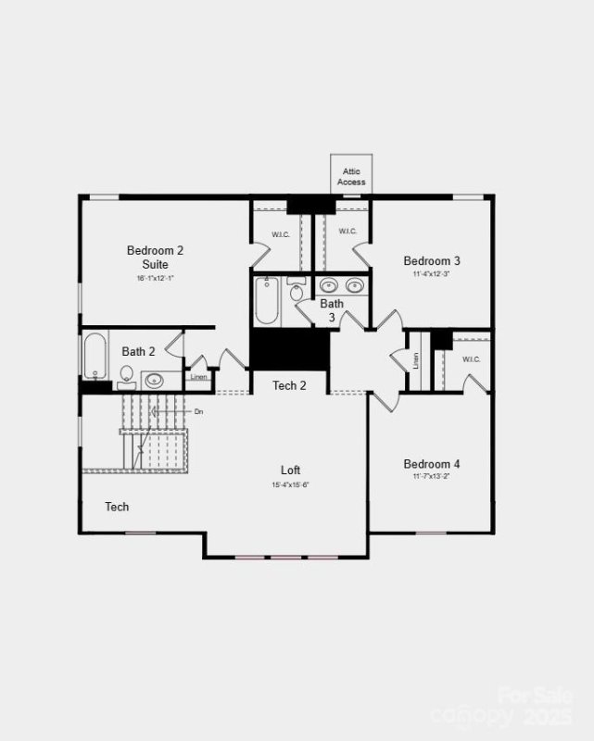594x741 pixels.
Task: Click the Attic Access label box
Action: (x=351, y=175)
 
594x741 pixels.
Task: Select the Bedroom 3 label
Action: (x=432, y=261)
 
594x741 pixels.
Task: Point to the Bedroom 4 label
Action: (x=432, y=464)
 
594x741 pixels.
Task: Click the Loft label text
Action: (x=291, y=471)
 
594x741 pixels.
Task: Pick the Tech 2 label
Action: (x=289, y=385)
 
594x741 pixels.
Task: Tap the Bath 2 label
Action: (x=138, y=351)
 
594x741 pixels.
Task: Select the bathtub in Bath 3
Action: (x=267, y=299)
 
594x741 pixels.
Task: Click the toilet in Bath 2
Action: (x=127, y=375)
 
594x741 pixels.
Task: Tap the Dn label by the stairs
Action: (x=199, y=410)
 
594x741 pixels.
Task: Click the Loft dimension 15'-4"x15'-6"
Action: (x=290, y=485)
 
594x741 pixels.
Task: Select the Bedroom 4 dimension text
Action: (x=432, y=477)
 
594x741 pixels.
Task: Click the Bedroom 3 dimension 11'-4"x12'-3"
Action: (x=432, y=274)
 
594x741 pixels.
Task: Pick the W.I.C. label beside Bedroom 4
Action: (x=471, y=359)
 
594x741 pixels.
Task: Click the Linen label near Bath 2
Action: (x=198, y=377)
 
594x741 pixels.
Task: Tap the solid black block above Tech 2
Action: (x=289, y=349)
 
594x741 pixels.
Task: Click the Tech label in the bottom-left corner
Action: (x=117, y=507)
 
